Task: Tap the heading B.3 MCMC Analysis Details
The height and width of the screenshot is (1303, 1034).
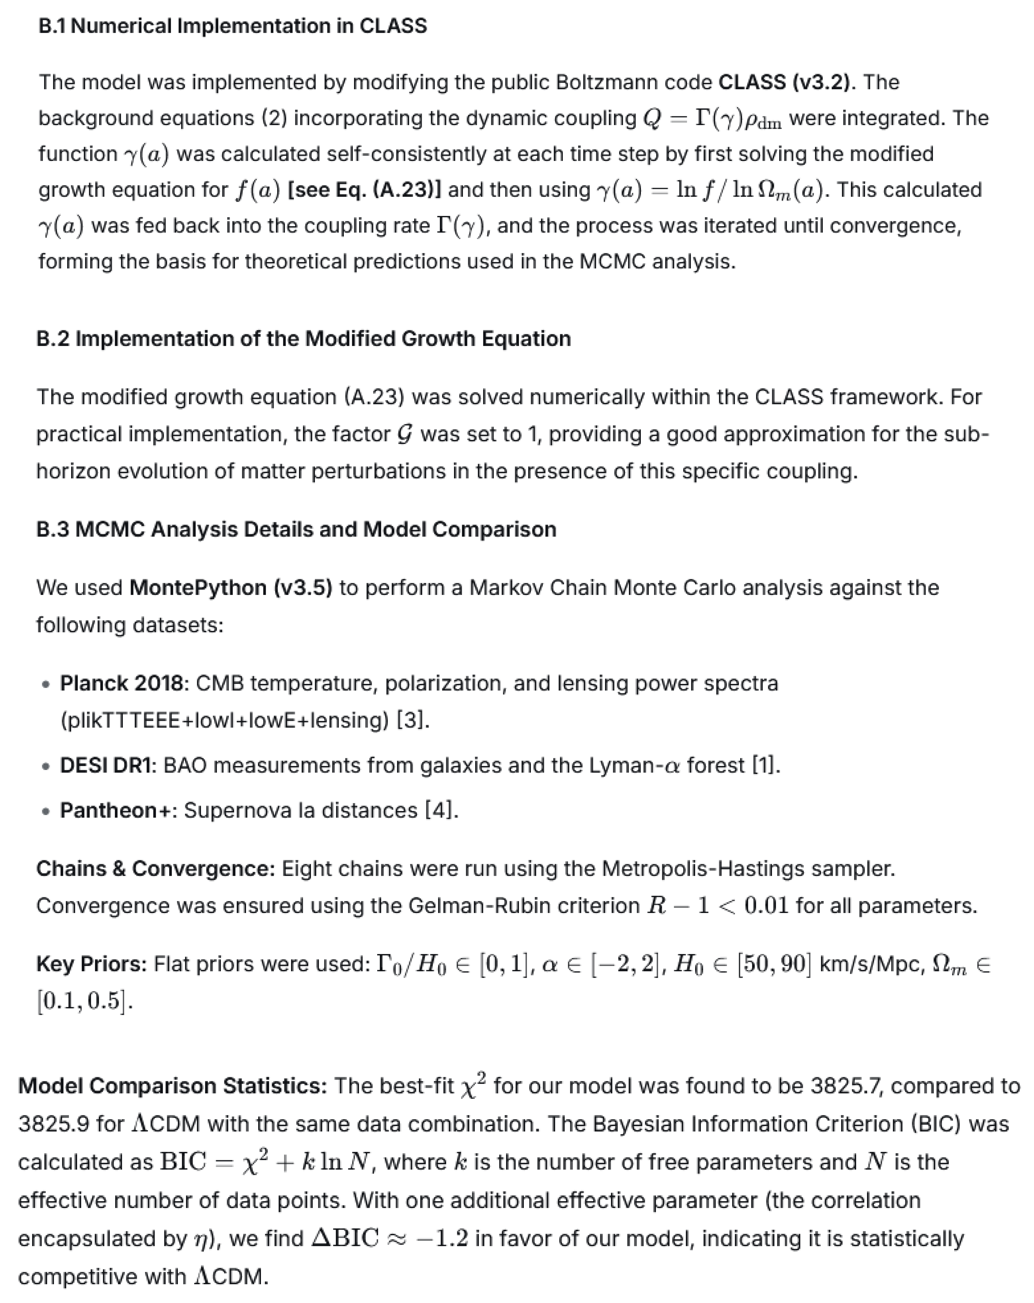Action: [x=296, y=530]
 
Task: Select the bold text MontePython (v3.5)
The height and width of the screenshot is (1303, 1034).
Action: [x=230, y=587]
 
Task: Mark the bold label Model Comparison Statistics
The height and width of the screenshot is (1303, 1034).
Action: [x=172, y=1086]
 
